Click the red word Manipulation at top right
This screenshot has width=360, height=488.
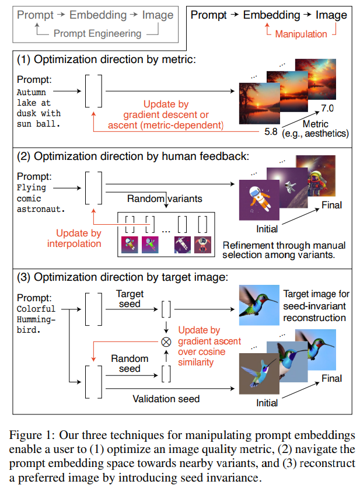coord(300,34)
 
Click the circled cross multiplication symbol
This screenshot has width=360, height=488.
coord(166,340)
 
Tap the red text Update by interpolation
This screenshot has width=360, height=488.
coord(74,238)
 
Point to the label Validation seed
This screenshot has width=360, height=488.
coord(166,399)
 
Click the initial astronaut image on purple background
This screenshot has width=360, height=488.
coord(259,200)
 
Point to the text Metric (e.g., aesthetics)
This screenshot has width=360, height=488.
coord(317,129)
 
